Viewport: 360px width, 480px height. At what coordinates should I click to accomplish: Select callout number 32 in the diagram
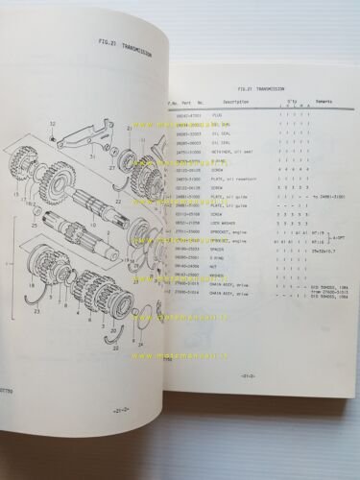click(53, 127)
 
